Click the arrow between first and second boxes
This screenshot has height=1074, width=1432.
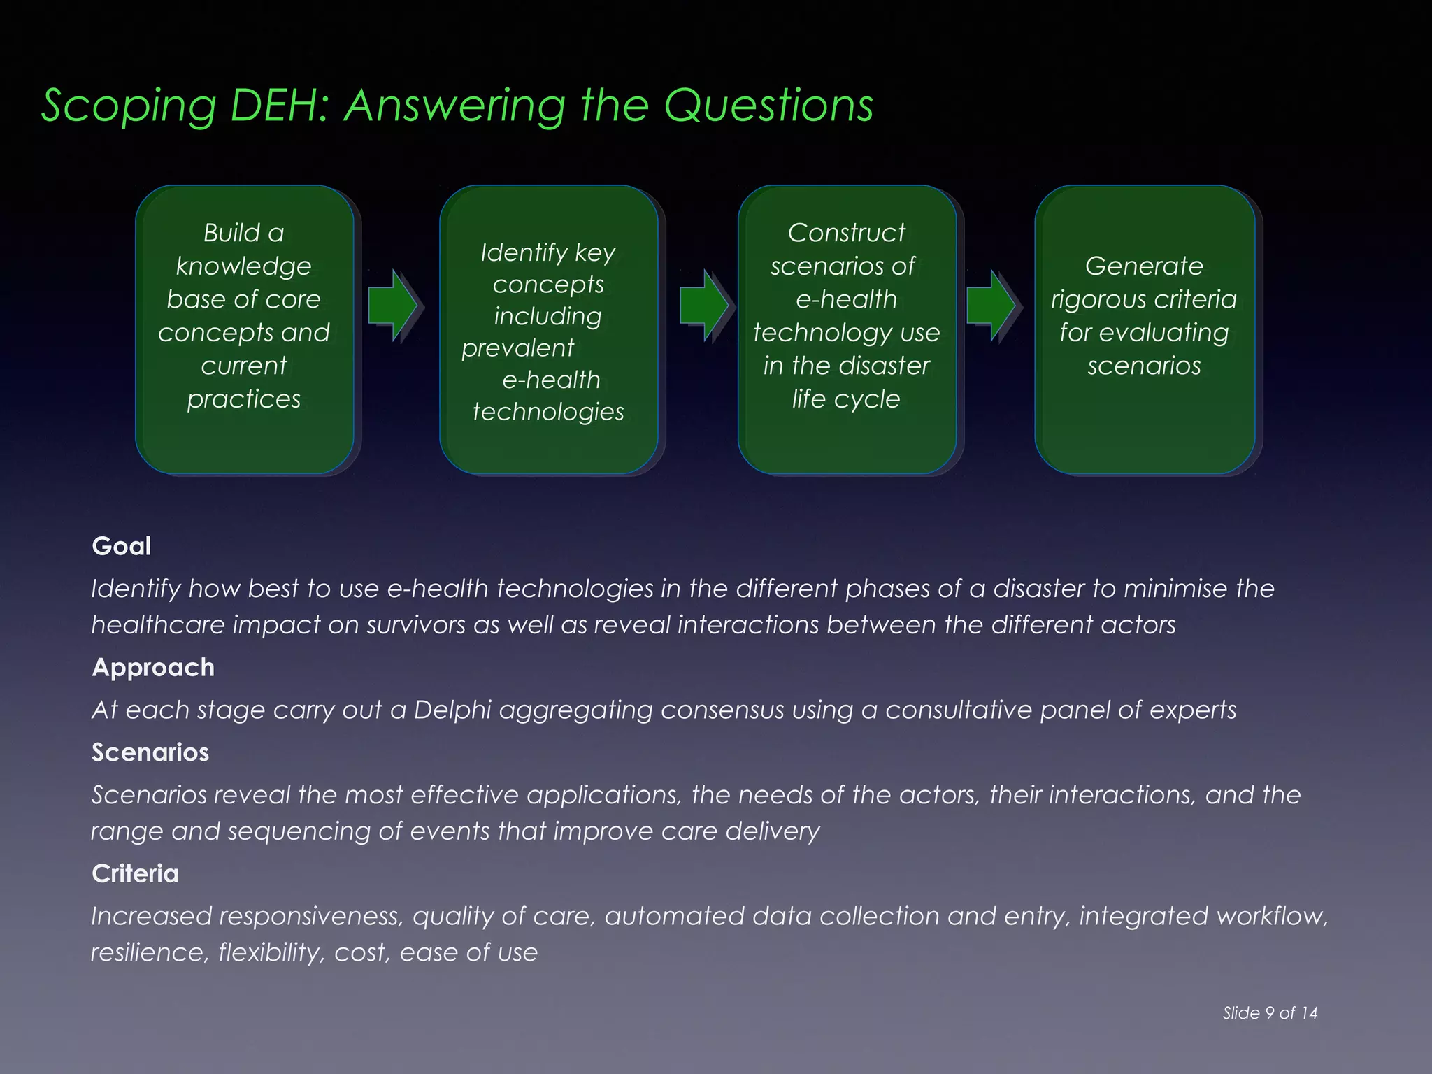pyautogui.click(x=394, y=306)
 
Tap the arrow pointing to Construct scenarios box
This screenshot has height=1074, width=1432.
pyautogui.click(x=704, y=306)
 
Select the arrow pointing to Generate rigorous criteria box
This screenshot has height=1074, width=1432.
pyautogui.click(x=991, y=306)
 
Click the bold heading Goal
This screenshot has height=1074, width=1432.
pyautogui.click(x=121, y=546)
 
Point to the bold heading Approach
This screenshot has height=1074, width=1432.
pyautogui.click(x=153, y=667)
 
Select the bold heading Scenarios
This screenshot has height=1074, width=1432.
pyautogui.click(x=150, y=752)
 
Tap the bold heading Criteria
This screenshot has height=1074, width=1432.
pyautogui.click(x=135, y=873)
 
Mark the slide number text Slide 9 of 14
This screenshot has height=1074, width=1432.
pyautogui.click(x=1270, y=1012)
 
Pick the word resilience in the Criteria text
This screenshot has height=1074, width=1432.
pyautogui.click(x=150, y=952)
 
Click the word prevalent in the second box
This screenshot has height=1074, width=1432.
pyautogui.click(x=517, y=348)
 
